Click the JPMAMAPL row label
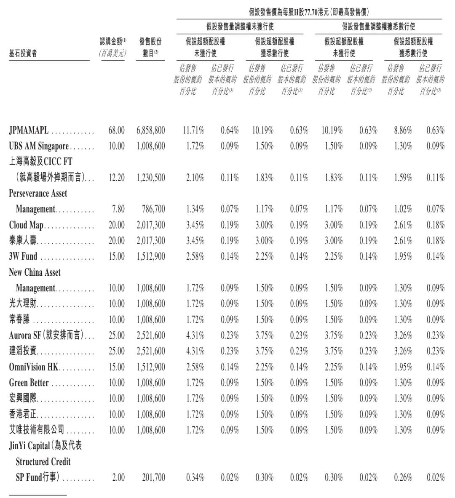click(29, 130)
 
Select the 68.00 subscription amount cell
click(116, 130)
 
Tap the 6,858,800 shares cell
click(150, 130)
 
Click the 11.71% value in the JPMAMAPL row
click(193, 130)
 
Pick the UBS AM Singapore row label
click(38, 146)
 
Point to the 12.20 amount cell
click(116, 178)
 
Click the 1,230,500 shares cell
click(150, 178)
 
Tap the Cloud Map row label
click(26, 225)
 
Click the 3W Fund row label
click(23, 256)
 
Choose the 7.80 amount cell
click(118, 209)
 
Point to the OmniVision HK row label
click(33, 367)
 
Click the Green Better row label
click(29, 383)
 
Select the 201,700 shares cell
click(154, 478)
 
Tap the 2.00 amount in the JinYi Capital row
click(118, 478)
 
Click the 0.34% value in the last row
click(195, 478)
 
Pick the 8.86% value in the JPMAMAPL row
click(403, 130)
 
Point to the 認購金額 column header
click(112, 42)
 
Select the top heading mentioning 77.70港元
click(309, 13)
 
